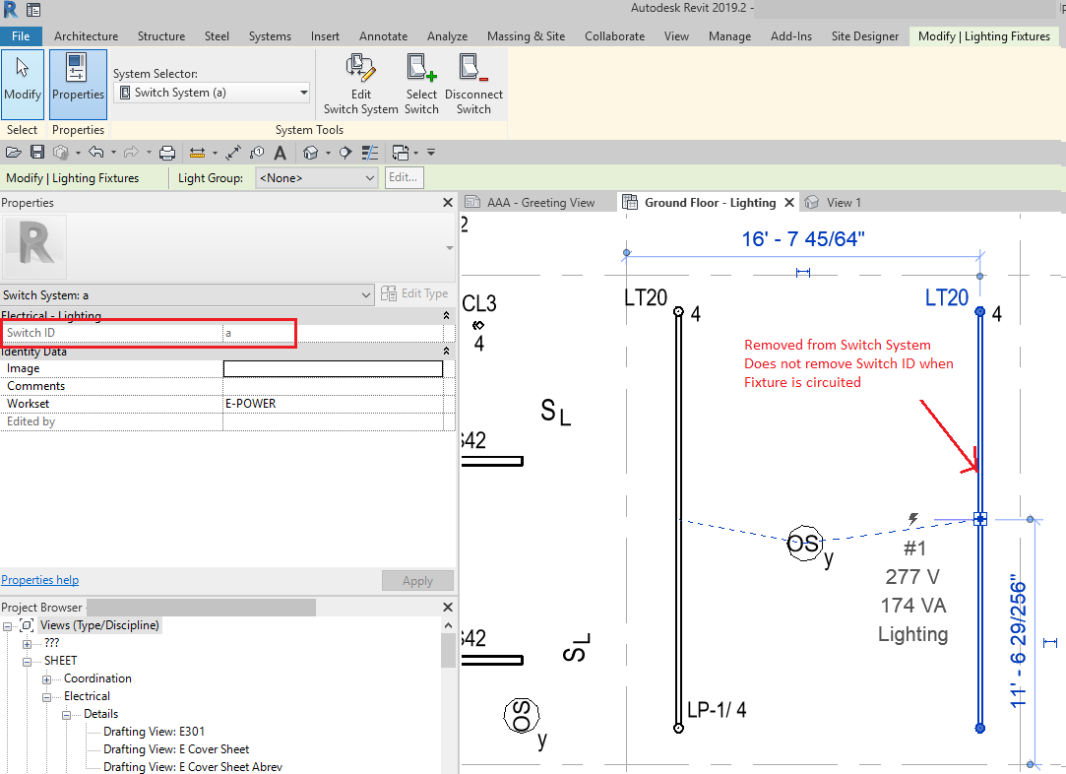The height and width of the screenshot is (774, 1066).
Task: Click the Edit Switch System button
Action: click(x=360, y=84)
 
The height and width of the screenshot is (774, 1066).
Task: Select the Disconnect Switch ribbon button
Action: click(x=473, y=84)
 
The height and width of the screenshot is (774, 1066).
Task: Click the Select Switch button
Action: click(x=421, y=84)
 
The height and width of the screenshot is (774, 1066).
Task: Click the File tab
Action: click(x=21, y=36)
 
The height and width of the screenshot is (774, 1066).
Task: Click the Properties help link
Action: click(x=40, y=580)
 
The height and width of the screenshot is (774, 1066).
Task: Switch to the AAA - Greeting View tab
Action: click(x=540, y=203)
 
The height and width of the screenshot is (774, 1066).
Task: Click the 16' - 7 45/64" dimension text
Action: click(x=803, y=239)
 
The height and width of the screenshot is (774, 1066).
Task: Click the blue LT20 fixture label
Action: click(x=947, y=297)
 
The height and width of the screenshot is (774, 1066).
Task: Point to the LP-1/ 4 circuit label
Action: click(x=717, y=710)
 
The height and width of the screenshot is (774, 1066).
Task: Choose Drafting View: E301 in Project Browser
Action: click(x=154, y=732)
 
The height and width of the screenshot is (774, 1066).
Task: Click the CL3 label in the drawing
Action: click(x=479, y=303)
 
